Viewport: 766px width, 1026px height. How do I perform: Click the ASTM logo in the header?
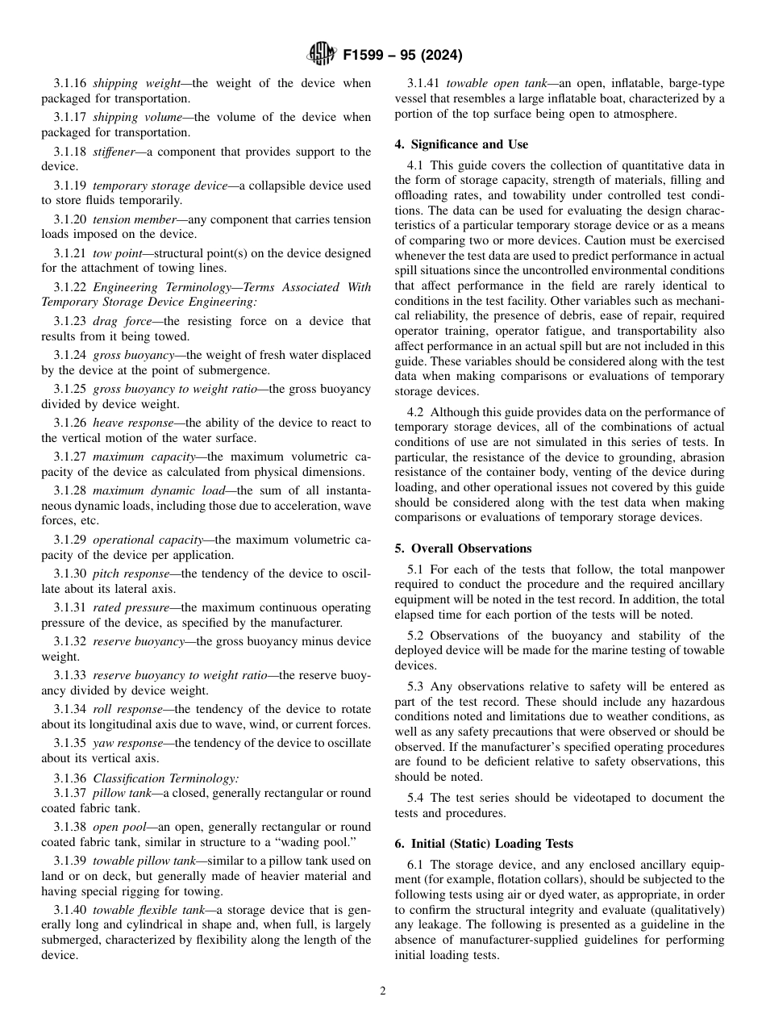click(x=323, y=56)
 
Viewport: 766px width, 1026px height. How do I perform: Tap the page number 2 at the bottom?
click(x=383, y=991)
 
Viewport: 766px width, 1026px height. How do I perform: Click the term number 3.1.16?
click(x=70, y=83)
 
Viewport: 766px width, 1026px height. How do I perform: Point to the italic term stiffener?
click(x=115, y=152)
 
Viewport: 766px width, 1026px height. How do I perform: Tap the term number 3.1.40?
click(x=70, y=911)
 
